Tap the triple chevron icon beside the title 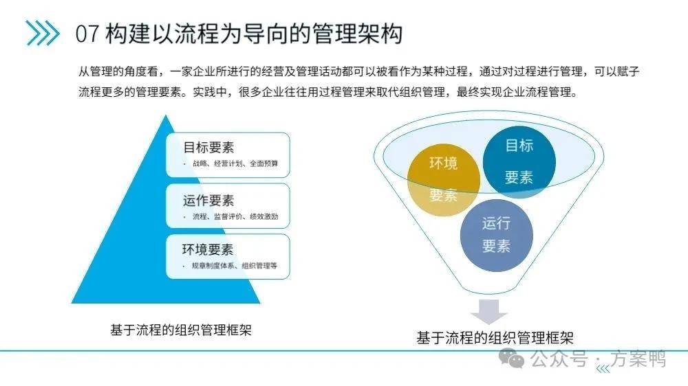click(x=43, y=33)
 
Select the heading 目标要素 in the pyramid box click(x=208, y=147)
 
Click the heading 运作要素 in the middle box click(x=208, y=201)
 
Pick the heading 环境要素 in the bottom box click(x=208, y=249)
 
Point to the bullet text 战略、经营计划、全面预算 click(x=235, y=163)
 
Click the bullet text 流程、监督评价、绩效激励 click(x=235, y=216)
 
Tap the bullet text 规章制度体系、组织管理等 click(x=235, y=266)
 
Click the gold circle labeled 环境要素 click(x=444, y=180)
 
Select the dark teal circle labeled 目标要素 click(x=519, y=162)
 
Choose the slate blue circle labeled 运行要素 click(x=496, y=236)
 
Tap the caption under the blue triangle click(x=181, y=330)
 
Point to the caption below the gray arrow click(x=495, y=338)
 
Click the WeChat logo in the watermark click(x=512, y=359)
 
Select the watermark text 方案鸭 click(x=639, y=359)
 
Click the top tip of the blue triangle click(x=165, y=115)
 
